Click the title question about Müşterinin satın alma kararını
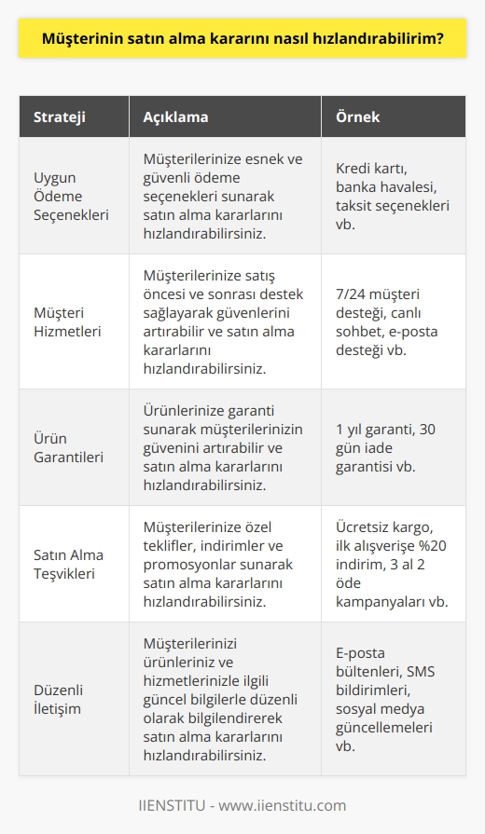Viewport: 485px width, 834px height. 242,40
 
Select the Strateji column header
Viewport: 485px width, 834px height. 61,117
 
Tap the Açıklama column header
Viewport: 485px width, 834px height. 177,117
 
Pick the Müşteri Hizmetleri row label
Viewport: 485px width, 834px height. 69,321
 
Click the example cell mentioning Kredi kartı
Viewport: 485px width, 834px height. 392,196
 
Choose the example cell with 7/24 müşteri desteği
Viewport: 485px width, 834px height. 392,321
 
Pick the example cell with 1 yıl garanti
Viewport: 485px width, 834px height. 392,446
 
